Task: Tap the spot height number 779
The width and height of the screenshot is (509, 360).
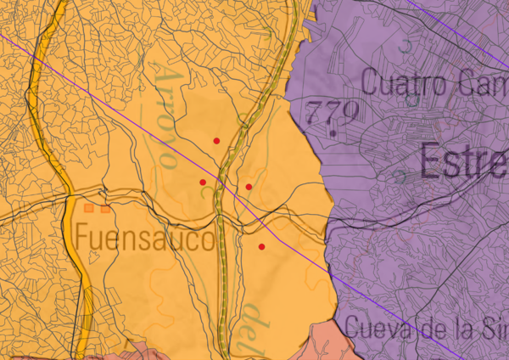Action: pyautogui.click(x=333, y=112)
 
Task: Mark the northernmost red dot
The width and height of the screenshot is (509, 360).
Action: pyautogui.click(x=217, y=140)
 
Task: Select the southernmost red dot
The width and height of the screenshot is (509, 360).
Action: pyautogui.click(x=261, y=246)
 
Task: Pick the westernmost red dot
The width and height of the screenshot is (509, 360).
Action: pyautogui.click(x=202, y=182)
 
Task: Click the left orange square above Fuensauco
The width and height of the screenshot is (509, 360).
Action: pyautogui.click(x=89, y=206)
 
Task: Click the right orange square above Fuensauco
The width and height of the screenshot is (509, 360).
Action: pyautogui.click(x=104, y=206)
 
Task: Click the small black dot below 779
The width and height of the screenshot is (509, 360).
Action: pyautogui.click(x=333, y=133)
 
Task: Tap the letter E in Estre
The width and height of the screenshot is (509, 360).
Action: pyautogui.click(x=431, y=160)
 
